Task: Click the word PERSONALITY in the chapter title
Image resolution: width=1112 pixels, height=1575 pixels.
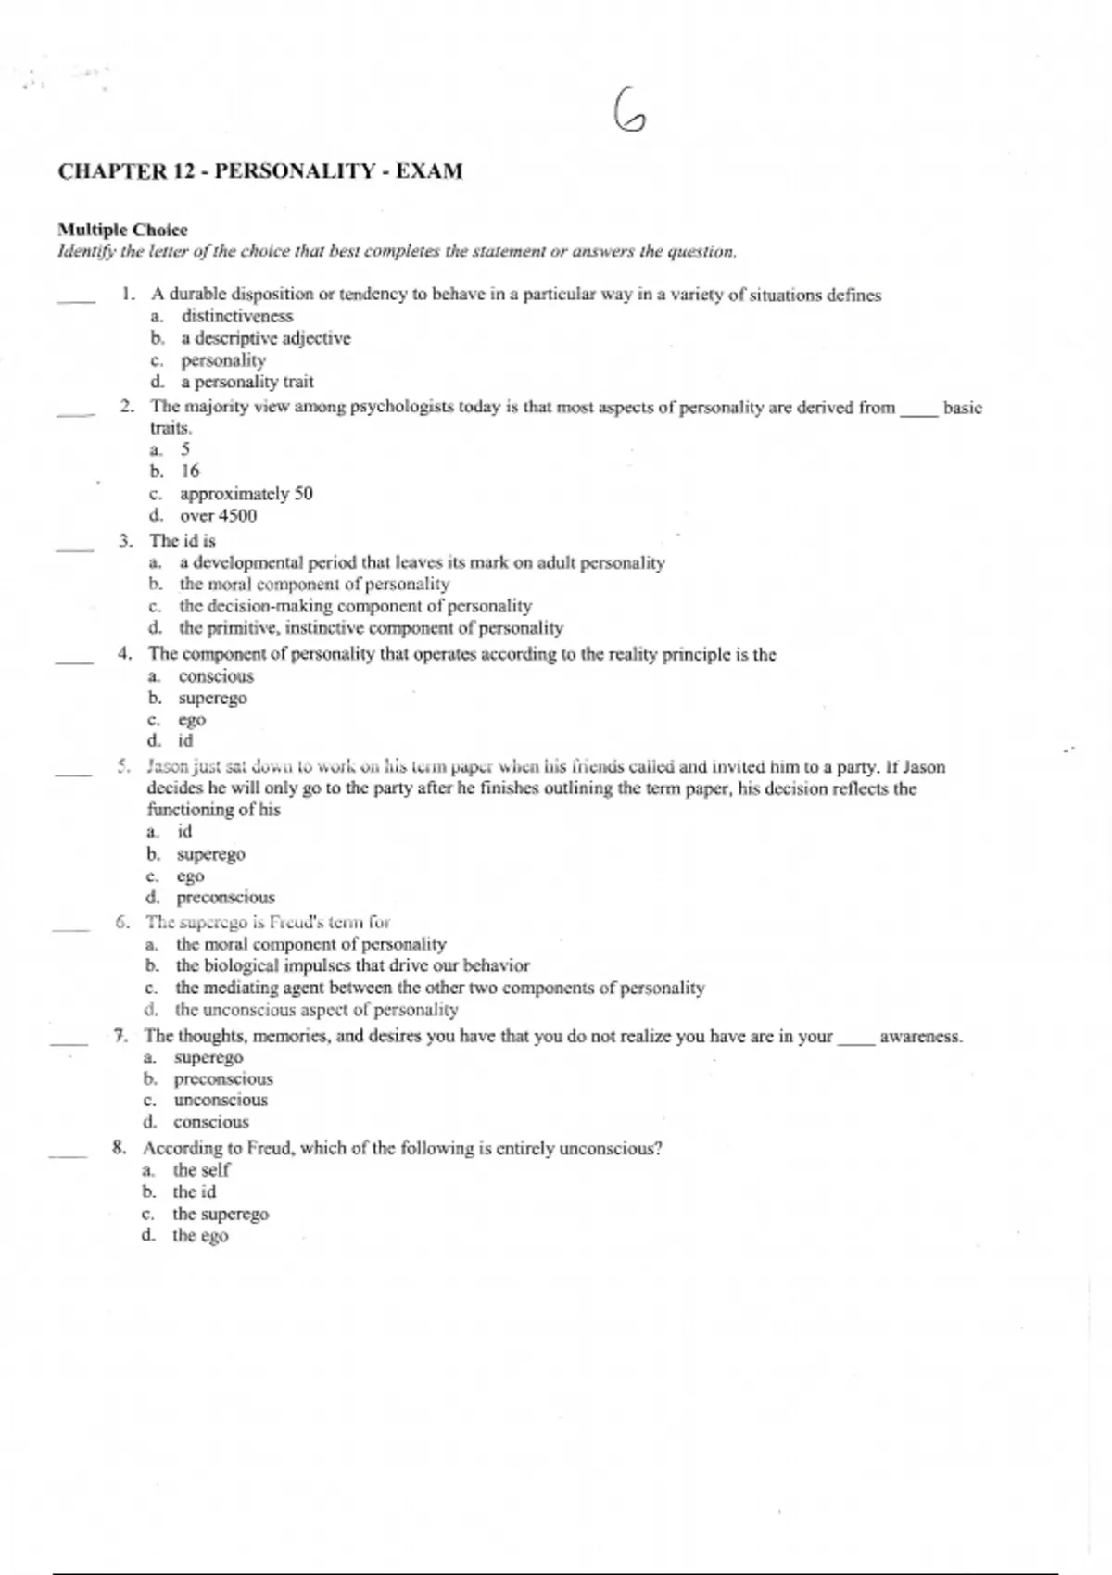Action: click(295, 171)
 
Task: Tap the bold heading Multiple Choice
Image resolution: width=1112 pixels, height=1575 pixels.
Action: click(122, 230)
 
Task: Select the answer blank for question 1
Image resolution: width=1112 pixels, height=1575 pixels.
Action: click(76, 299)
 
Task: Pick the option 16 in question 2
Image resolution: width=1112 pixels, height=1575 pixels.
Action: click(190, 471)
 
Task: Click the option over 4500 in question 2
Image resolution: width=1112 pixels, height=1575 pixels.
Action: click(218, 516)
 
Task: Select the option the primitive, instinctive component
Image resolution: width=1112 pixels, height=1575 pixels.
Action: click(371, 628)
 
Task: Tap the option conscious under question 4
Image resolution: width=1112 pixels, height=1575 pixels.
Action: click(216, 676)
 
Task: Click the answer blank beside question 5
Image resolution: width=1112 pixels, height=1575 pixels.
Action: click(73, 773)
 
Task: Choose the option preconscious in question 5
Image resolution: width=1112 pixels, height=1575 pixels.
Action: click(225, 897)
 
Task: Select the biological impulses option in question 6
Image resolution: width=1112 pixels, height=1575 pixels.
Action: click(352, 965)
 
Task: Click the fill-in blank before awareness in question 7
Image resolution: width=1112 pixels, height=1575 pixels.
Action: click(856, 1040)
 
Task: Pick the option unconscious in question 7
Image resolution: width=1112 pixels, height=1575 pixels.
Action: click(221, 1100)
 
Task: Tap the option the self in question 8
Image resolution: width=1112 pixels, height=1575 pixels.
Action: click(201, 1169)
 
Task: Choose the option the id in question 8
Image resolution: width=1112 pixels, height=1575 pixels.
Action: click(194, 1191)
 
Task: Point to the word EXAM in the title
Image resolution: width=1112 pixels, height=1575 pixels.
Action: click(429, 171)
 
